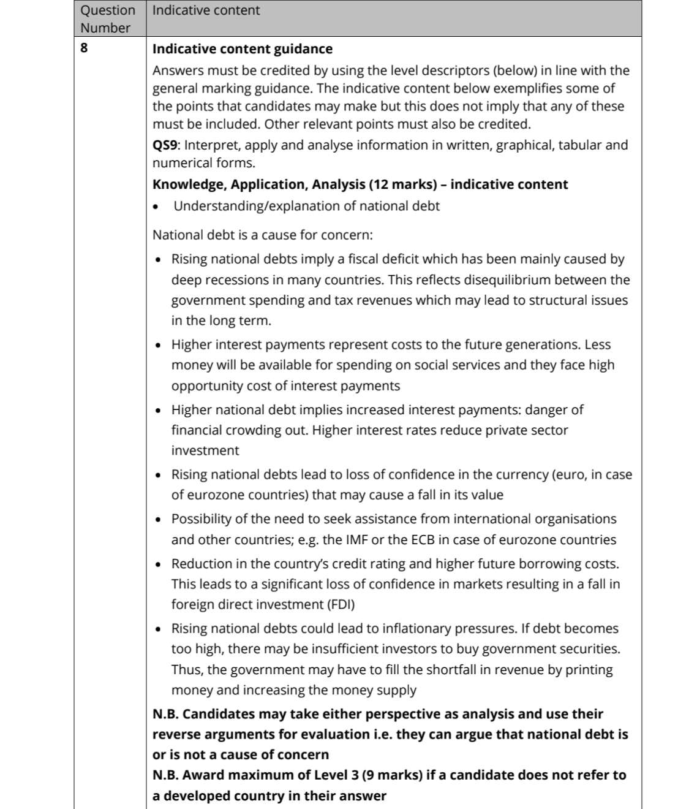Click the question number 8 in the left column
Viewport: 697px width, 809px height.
85,49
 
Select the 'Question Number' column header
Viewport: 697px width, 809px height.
108,19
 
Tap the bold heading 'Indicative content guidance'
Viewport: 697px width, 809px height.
242,49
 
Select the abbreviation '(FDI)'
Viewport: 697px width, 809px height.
335,604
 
